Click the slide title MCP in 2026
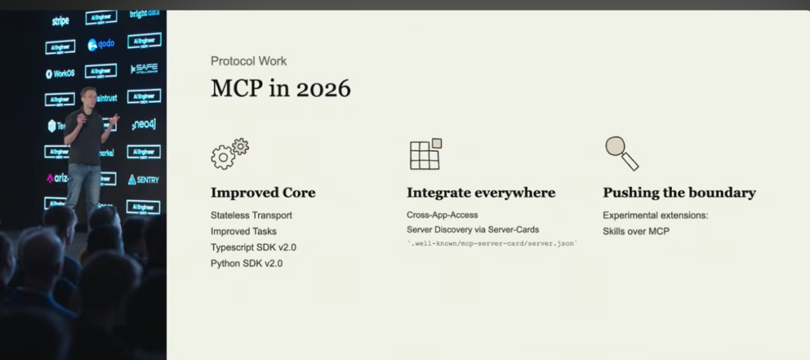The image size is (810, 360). pyautogui.click(x=280, y=88)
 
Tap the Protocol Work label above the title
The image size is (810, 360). pyautogui.click(x=248, y=61)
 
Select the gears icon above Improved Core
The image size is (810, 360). pyautogui.click(x=229, y=153)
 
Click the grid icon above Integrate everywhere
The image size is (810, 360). pyautogui.click(x=425, y=154)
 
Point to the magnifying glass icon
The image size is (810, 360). pyautogui.click(x=622, y=153)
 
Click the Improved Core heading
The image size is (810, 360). pyautogui.click(x=262, y=193)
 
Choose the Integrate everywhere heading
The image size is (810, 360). pyautogui.click(x=481, y=193)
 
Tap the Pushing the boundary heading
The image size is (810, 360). pyautogui.click(x=679, y=193)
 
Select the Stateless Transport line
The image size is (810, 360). pyautogui.click(x=251, y=215)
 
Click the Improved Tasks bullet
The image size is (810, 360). pyautogui.click(x=243, y=231)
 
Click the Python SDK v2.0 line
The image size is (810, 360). pyautogui.click(x=246, y=263)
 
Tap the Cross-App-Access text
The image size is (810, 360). pyautogui.click(x=442, y=215)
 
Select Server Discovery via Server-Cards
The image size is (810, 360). pyautogui.click(x=472, y=229)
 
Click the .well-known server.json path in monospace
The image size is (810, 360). pyautogui.click(x=492, y=244)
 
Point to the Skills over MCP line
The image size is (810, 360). pyautogui.click(x=636, y=231)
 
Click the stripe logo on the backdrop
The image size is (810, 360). pyautogui.click(x=60, y=21)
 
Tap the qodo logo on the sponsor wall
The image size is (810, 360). pyautogui.click(x=101, y=44)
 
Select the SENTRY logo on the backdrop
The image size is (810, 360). pyautogui.click(x=143, y=179)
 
